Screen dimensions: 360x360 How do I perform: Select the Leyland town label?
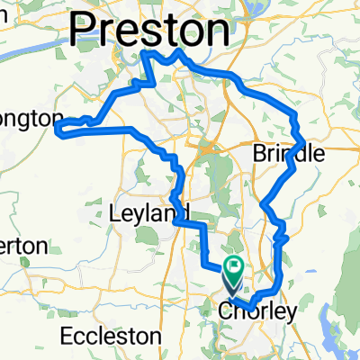pyautogui.click(x=143, y=214)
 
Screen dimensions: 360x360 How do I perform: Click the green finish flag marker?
pyautogui.click(x=235, y=266)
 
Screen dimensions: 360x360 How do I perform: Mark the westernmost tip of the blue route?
pyautogui.click(x=58, y=130)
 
